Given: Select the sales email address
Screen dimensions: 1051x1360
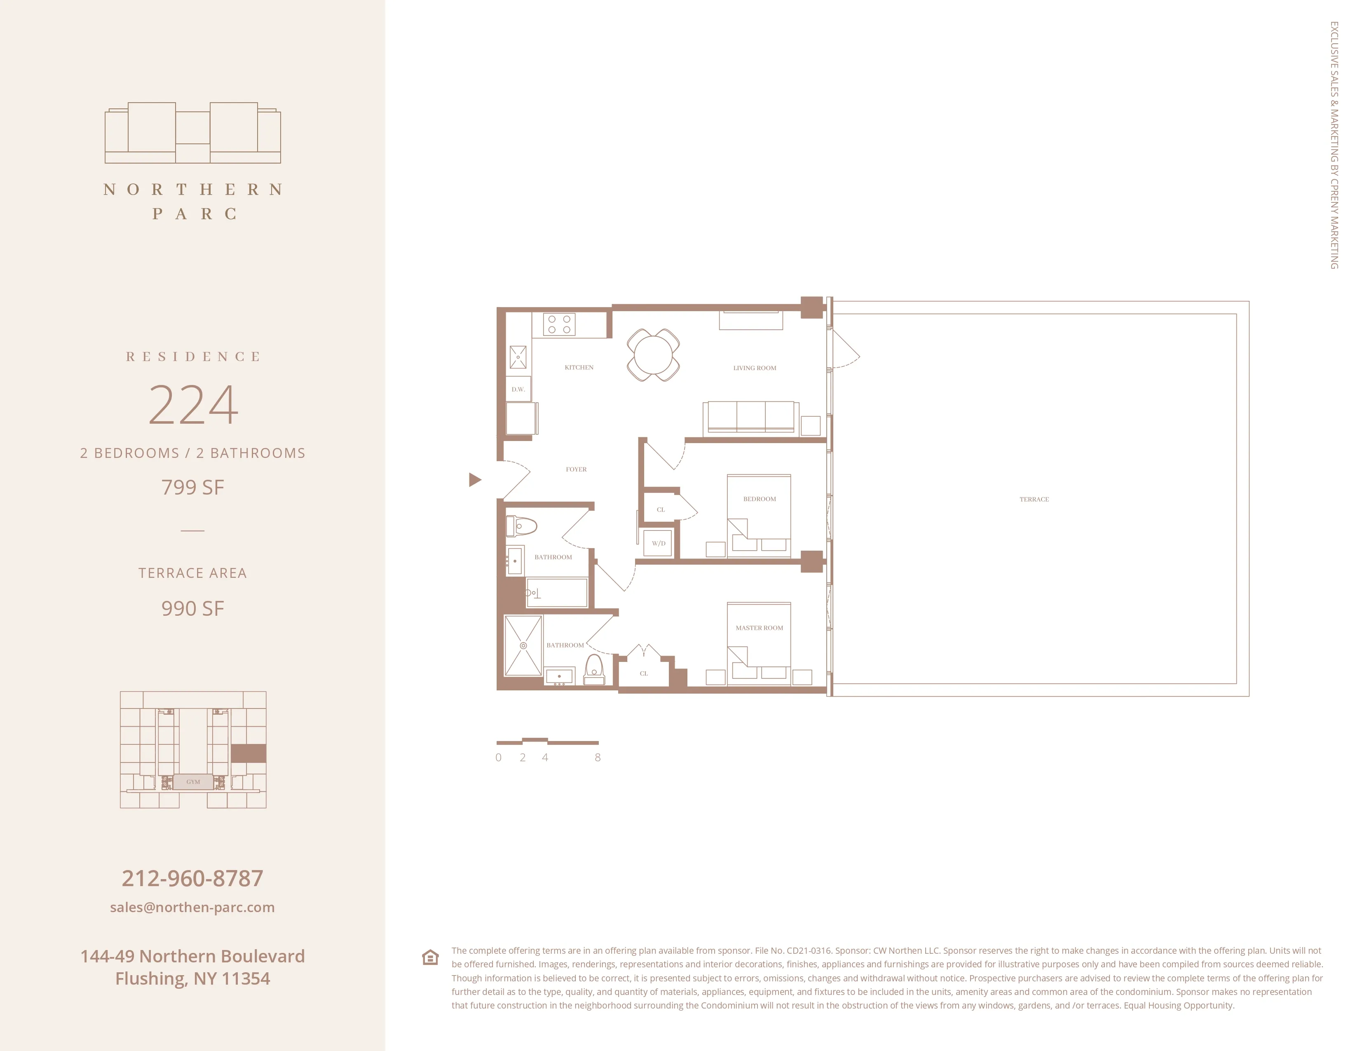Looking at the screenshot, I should (192, 907).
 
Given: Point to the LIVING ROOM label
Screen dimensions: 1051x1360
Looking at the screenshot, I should (754, 368).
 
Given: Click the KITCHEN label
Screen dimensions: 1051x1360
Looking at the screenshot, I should (579, 367).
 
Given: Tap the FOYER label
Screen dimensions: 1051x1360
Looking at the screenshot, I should (576, 469).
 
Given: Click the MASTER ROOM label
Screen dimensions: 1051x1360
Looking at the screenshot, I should (759, 628).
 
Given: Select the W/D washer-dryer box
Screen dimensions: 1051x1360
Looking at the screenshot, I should (658, 543).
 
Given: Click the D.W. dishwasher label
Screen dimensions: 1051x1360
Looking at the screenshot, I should (518, 389).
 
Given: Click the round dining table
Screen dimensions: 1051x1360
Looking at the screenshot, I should (653, 355).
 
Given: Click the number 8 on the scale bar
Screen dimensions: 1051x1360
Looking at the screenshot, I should (597, 758).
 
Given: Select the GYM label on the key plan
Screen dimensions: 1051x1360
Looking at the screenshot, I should (193, 782).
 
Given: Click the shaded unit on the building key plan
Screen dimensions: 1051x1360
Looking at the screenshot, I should (249, 753).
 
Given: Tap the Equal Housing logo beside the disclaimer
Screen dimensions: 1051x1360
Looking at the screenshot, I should (430, 957).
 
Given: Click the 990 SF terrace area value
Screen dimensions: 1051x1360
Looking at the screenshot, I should (192, 608).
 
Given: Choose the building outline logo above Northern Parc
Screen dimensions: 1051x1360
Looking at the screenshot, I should (192, 133).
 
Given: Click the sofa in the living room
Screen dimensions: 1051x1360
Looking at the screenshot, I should (751, 417).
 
